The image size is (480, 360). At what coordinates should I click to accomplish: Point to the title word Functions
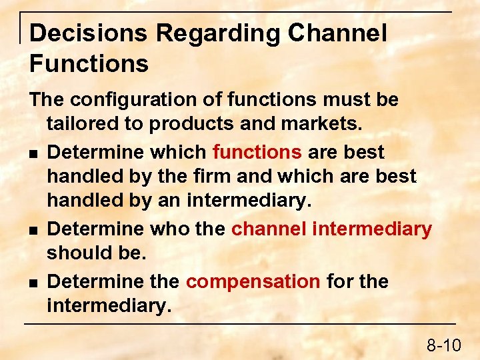point(89,64)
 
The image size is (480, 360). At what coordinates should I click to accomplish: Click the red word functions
point(257,152)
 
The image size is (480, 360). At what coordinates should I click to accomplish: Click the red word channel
point(268,229)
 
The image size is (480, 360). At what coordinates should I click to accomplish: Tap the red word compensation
point(253,281)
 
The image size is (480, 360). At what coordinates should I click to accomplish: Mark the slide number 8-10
point(443,345)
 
